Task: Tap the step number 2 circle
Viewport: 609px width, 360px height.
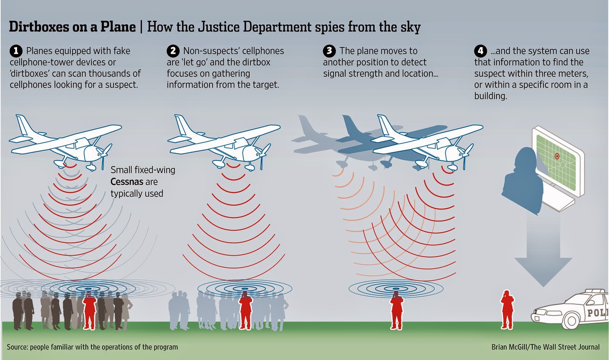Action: tap(173, 50)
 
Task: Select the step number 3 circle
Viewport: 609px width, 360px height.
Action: tap(329, 50)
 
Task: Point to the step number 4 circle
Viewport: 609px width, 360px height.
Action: tap(480, 50)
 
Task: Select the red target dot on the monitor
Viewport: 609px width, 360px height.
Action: tap(557, 156)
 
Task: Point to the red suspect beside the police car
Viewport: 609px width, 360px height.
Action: tap(507, 309)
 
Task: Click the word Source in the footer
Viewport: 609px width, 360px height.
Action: tap(17, 347)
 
